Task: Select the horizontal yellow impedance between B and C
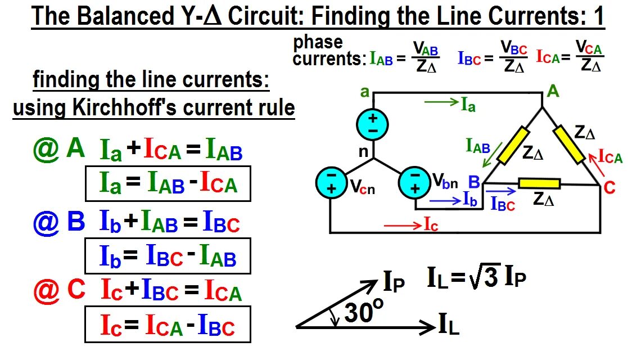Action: [539, 183]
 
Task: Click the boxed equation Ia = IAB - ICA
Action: [168, 183]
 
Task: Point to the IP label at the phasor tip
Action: [394, 283]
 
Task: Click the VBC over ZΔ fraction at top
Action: [514, 57]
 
